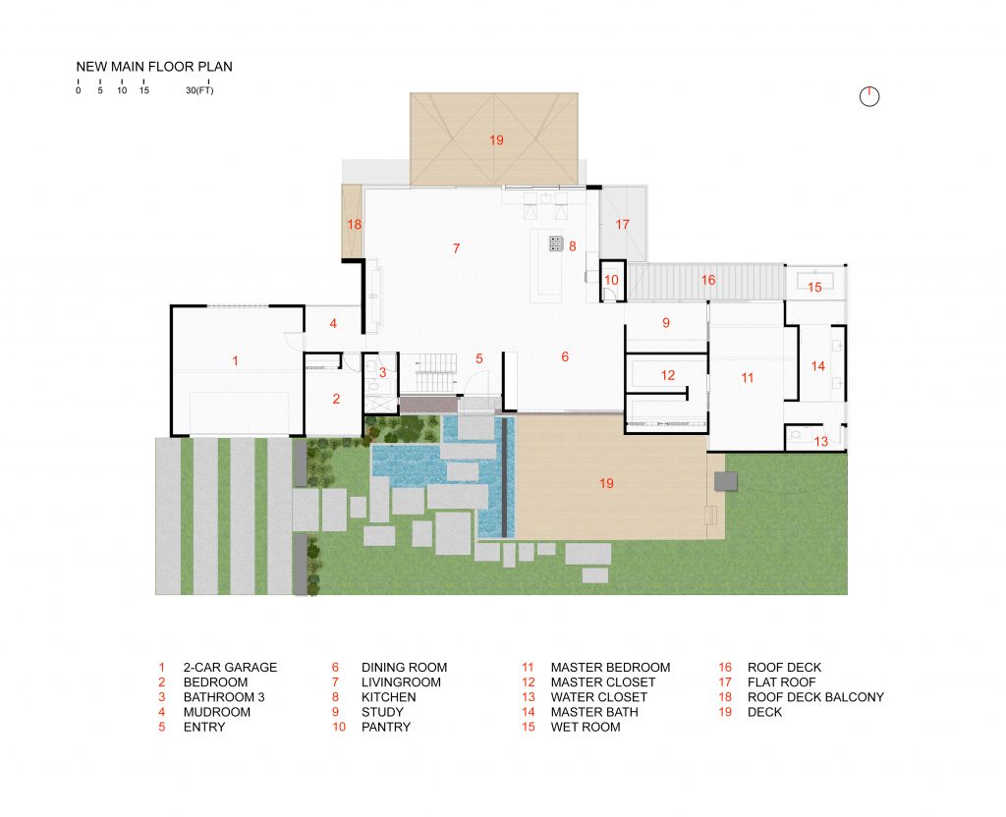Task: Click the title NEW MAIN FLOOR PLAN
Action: pyautogui.click(x=154, y=67)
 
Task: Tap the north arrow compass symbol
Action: pyautogui.click(x=868, y=95)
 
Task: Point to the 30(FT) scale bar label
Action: pyautogui.click(x=198, y=90)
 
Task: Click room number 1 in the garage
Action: pyautogui.click(x=235, y=361)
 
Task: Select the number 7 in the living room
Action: pyautogui.click(x=456, y=248)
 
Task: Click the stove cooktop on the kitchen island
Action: pyautogui.click(x=554, y=243)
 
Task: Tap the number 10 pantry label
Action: pyautogui.click(x=611, y=280)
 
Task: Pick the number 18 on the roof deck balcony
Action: pyautogui.click(x=354, y=225)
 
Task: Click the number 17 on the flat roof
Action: pyautogui.click(x=621, y=225)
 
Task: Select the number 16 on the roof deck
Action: pyautogui.click(x=707, y=280)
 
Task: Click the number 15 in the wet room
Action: pyautogui.click(x=814, y=287)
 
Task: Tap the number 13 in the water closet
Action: pyautogui.click(x=820, y=441)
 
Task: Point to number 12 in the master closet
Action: pyautogui.click(x=668, y=375)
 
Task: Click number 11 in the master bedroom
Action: pyautogui.click(x=747, y=377)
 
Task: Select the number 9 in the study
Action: pyautogui.click(x=665, y=322)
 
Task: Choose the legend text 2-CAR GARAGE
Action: pyautogui.click(x=230, y=668)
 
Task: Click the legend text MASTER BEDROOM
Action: pyautogui.click(x=610, y=668)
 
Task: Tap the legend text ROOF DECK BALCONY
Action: pyautogui.click(x=815, y=697)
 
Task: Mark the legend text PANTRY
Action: pyautogui.click(x=385, y=727)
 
